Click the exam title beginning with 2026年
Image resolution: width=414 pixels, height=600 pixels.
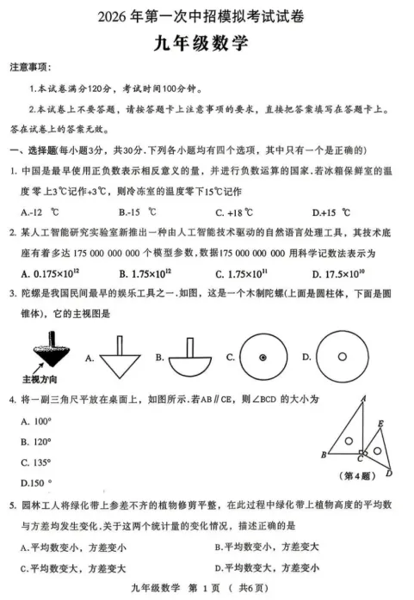[x=207, y=15]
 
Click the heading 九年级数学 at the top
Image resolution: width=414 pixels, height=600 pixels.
[x=207, y=41]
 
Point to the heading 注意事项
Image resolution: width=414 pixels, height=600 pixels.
[x=29, y=67]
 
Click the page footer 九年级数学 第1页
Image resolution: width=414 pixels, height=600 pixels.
[x=207, y=589]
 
